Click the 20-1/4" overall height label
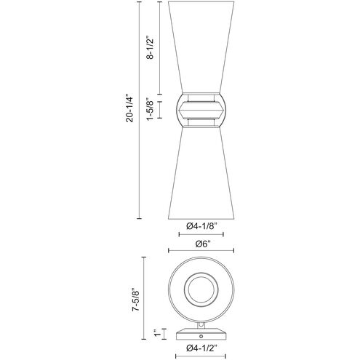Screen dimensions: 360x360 (x=129, y=109)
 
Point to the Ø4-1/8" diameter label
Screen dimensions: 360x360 (x=201, y=227)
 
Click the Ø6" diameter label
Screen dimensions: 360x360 (x=201, y=244)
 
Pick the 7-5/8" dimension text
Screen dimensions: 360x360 (x=136, y=300)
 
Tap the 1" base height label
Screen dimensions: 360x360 (x=157, y=334)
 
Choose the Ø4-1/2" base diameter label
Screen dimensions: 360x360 (x=201, y=348)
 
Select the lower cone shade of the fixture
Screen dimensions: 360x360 (x=201, y=173)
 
